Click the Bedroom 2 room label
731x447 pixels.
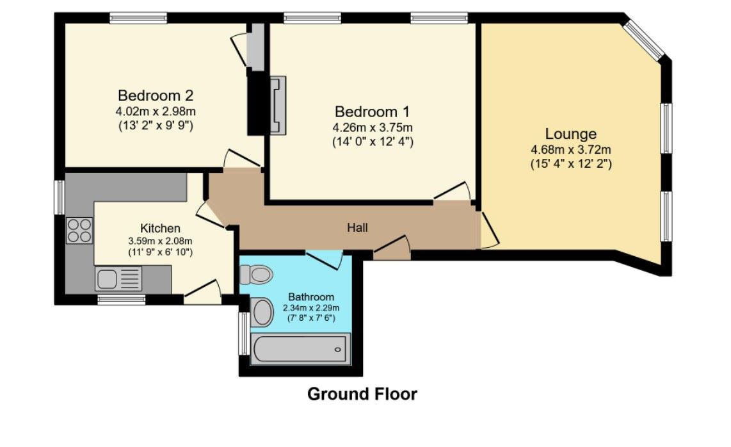coord(156,96)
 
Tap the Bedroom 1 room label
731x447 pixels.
coord(372,111)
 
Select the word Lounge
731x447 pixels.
coord(570,134)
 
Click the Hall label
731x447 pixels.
coord(357,227)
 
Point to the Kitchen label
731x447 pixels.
coord(160,229)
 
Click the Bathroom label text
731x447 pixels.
coord(310,297)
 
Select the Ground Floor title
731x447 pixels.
coord(362,394)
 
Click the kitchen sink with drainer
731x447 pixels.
coord(119,279)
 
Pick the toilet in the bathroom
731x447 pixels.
coord(256,275)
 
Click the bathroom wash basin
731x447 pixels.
coord(262,312)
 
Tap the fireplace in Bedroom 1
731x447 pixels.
coord(278,105)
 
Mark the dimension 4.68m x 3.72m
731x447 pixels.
coord(570,150)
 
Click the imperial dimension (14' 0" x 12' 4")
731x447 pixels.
coord(372,141)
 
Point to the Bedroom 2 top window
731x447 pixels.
coord(139,18)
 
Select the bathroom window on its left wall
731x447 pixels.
coord(243,333)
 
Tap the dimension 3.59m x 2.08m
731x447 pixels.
coord(160,241)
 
